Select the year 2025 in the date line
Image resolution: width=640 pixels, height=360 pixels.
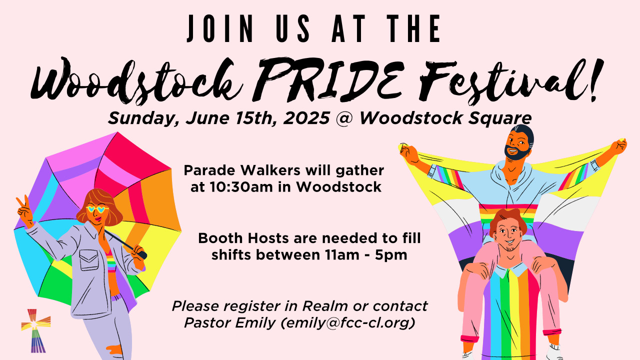pyautogui.click(x=306, y=117)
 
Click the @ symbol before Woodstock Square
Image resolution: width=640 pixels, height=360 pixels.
pyautogui.click(x=344, y=118)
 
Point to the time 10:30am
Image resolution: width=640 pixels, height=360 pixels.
pyautogui.click(x=241, y=187)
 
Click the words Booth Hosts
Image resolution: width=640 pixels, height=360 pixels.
pyautogui.click(x=243, y=238)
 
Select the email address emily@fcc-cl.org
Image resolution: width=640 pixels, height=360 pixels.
pyautogui.click(x=347, y=323)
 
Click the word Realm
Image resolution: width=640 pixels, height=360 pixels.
pyautogui.click(x=325, y=306)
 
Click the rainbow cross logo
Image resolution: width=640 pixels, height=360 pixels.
pyautogui.click(x=35, y=330)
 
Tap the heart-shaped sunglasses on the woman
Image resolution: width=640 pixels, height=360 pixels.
pyautogui.click(x=97, y=209)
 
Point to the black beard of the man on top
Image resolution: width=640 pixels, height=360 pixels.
pyautogui.click(x=516, y=153)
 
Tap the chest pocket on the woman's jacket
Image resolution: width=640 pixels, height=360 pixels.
pyautogui.click(x=89, y=260)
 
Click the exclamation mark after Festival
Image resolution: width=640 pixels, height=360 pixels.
pyautogui.click(x=595, y=80)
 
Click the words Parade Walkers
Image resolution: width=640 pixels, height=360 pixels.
pyautogui.click(x=241, y=170)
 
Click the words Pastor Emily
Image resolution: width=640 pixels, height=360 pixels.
pyautogui.click(x=230, y=323)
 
